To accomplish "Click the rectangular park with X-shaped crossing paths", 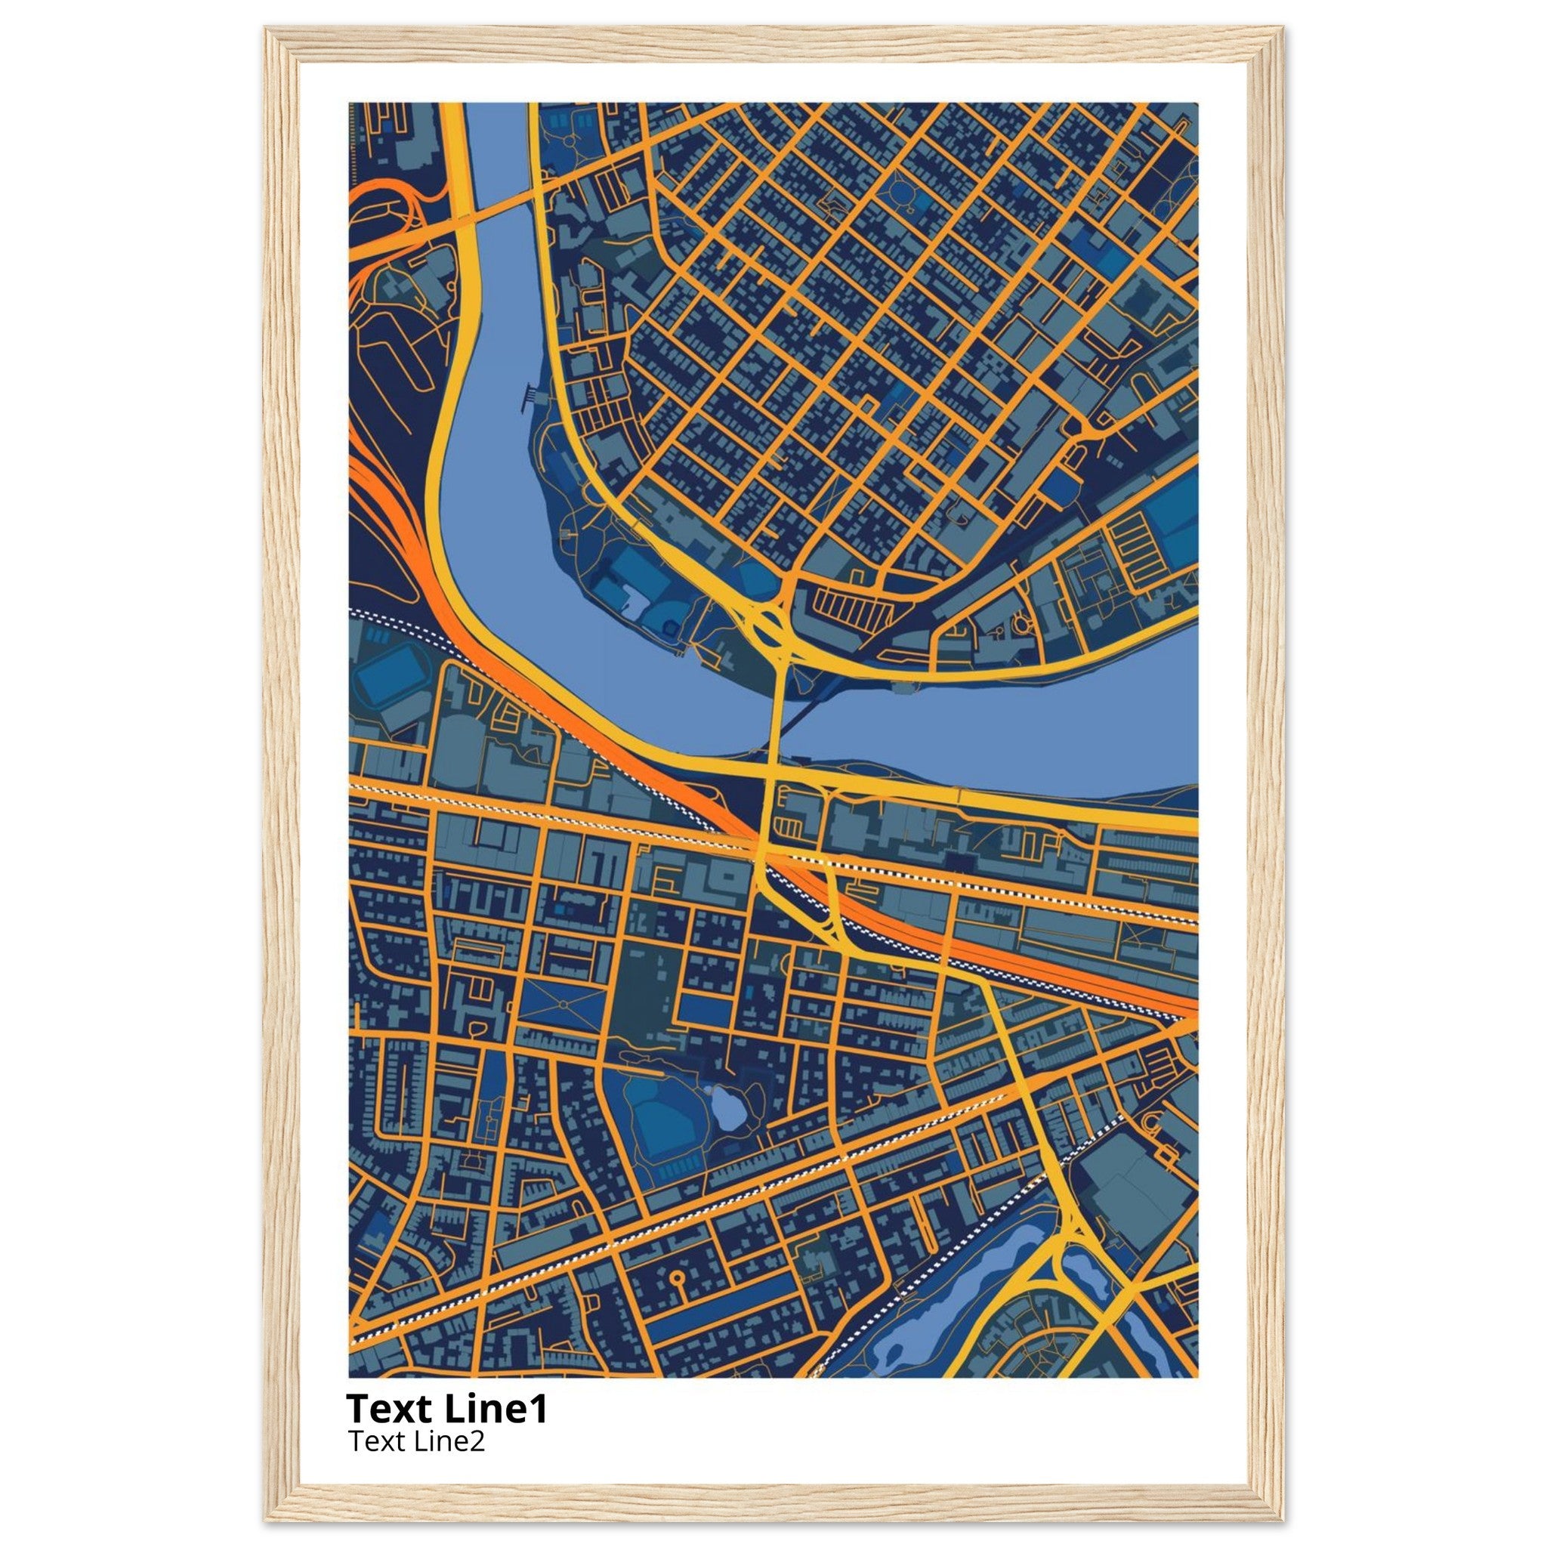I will (563, 1004).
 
